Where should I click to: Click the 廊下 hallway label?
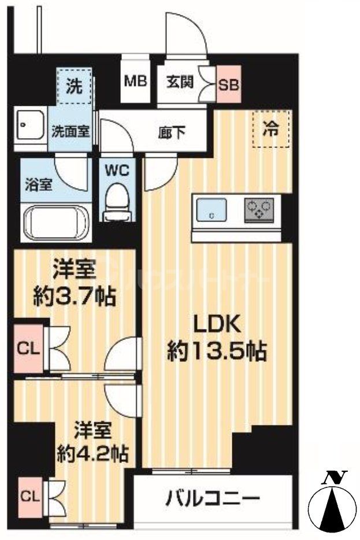point(172,132)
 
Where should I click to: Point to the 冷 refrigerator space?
point(271,128)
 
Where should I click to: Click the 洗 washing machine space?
point(73,86)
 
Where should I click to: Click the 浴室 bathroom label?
point(39,185)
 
